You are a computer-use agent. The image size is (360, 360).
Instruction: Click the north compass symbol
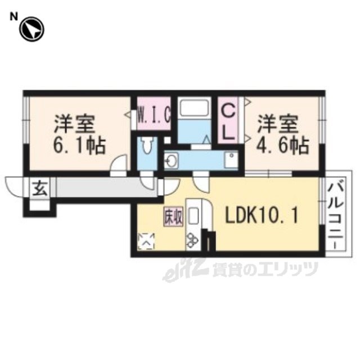point(31,30)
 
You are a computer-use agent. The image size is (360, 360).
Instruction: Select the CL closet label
point(228,123)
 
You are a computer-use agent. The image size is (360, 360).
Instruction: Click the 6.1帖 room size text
point(79,146)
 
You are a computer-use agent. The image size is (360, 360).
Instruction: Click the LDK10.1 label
point(262,215)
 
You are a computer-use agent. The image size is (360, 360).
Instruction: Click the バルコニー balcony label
point(335,216)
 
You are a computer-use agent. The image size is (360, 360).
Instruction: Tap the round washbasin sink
point(171,160)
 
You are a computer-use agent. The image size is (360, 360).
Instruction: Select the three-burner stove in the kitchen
point(192,240)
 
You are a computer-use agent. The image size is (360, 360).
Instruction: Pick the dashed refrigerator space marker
point(146,241)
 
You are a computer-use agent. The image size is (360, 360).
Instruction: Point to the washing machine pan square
point(231,160)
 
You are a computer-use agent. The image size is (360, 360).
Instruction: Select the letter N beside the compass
point(13,16)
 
